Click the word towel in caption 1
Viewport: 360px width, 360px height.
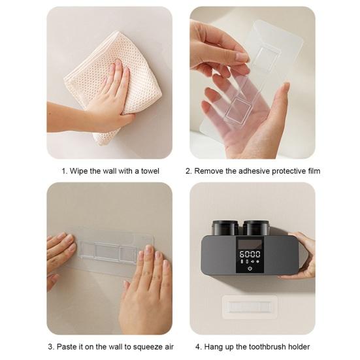(150, 171)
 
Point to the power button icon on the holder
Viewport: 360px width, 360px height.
(250, 269)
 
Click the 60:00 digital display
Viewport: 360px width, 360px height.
(250, 254)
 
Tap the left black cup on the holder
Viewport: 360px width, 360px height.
(225, 228)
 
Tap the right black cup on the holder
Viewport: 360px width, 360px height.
(256, 228)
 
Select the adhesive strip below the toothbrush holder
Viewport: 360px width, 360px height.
(250, 306)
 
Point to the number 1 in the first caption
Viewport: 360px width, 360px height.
(64, 171)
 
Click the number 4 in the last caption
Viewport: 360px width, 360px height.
(198, 347)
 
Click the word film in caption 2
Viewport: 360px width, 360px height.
(314, 171)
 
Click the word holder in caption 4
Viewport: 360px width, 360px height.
(299, 347)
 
